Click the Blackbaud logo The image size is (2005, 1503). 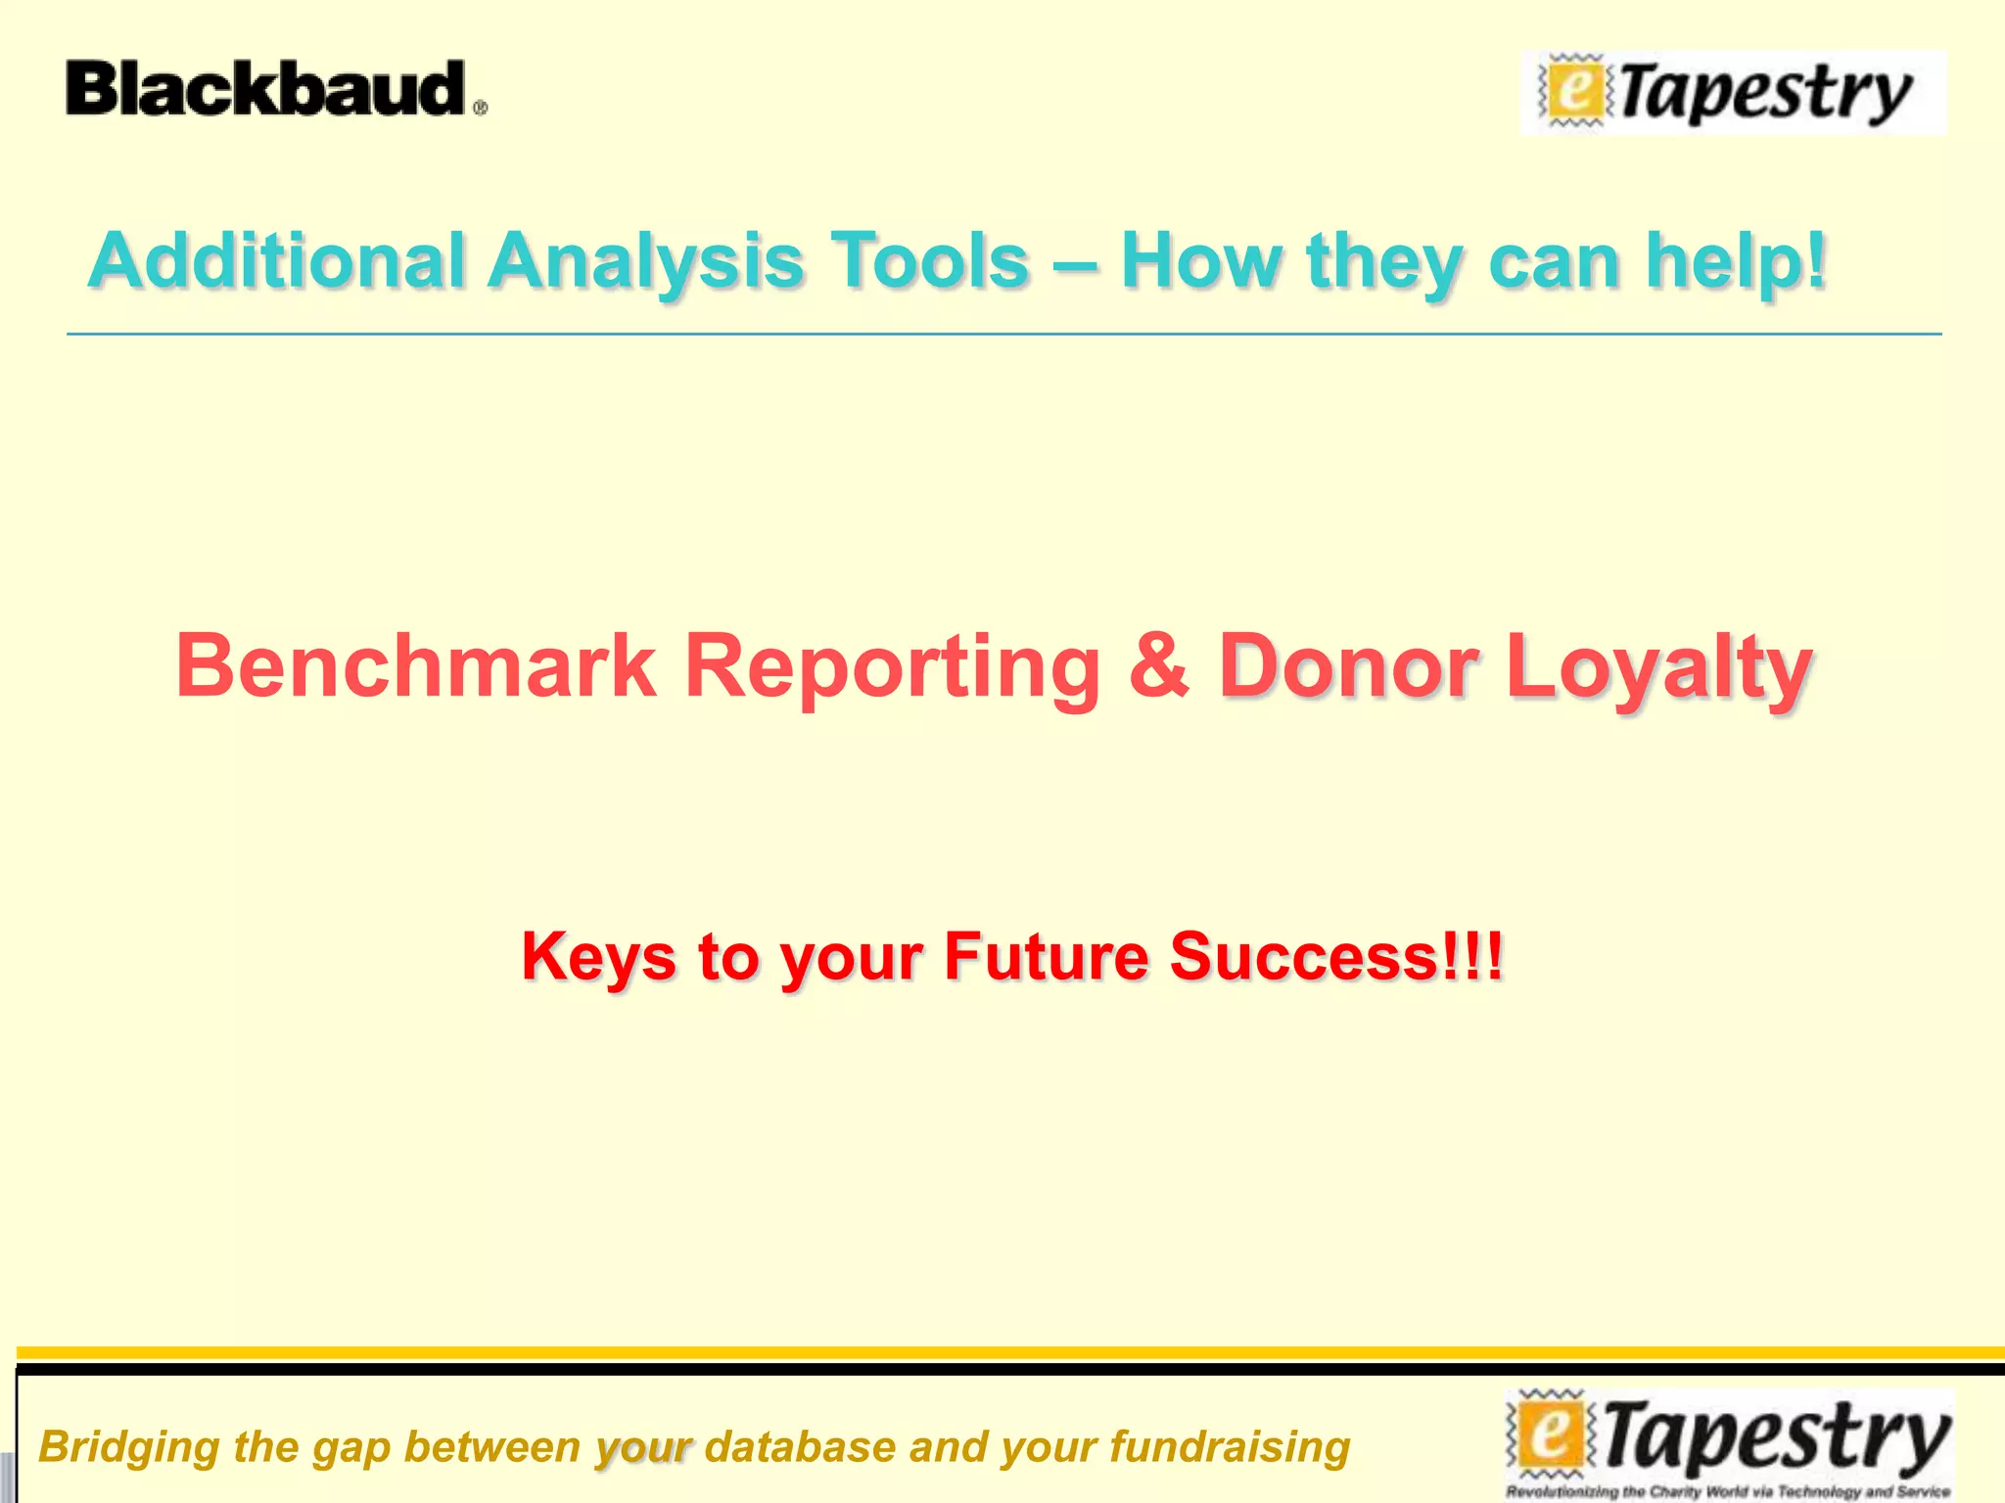click(x=275, y=89)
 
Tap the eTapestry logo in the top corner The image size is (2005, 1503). click(x=1733, y=93)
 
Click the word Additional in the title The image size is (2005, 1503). click(x=276, y=261)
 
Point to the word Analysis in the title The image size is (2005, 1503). click(x=646, y=261)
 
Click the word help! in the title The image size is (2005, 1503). click(x=1735, y=261)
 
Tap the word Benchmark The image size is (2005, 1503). click(x=416, y=666)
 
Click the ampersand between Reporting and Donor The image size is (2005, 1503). click(x=1159, y=666)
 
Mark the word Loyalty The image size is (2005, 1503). click(x=1658, y=668)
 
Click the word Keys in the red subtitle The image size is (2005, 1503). click(x=598, y=956)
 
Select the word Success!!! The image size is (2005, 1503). click(x=1335, y=956)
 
